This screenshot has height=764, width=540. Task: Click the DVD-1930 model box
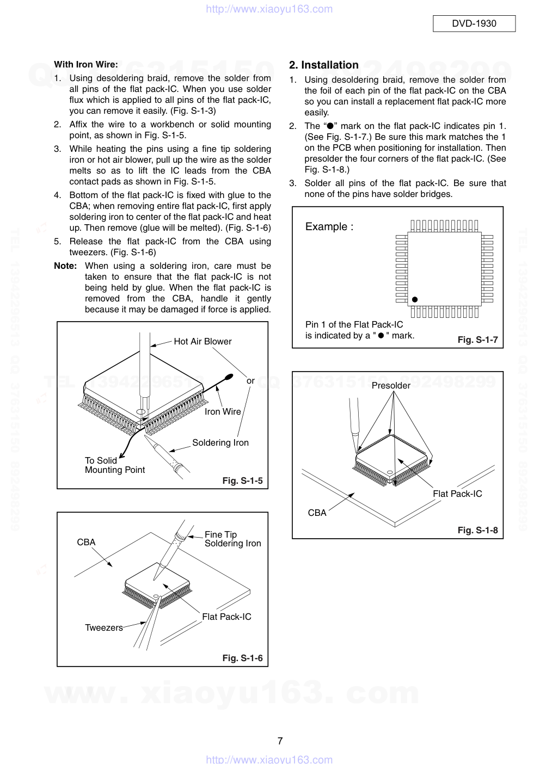click(x=474, y=23)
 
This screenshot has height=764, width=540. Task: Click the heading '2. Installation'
click(x=324, y=65)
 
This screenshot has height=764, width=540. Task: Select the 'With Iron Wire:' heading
click(x=86, y=64)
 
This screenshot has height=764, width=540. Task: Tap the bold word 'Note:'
click(x=65, y=266)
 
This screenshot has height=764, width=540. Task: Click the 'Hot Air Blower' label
click(x=202, y=341)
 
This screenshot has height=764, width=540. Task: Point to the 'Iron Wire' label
click(x=223, y=411)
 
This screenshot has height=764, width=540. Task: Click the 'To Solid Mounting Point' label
click(x=114, y=465)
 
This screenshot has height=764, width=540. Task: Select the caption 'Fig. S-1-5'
click(x=242, y=480)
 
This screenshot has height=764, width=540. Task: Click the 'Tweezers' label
click(x=104, y=627)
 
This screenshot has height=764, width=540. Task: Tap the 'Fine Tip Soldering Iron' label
click(x=232, y=539)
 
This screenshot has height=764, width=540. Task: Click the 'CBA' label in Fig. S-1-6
click(x=86, y=542)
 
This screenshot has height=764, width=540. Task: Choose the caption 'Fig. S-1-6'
click(x=242, y=658)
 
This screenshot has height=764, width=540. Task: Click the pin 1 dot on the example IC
click(x=415, y=299)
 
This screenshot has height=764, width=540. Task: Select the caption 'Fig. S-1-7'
click(x=477, y=340)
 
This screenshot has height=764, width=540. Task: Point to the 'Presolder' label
click(x=391, y=385)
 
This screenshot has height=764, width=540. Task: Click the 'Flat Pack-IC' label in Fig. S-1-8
click(x=457, y=494)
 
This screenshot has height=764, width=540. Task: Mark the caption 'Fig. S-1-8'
click(x=477, y=530)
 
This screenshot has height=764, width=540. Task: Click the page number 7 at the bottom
click(x=280, y=741)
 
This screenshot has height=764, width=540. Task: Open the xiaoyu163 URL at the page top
click(x=269, y=9)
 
